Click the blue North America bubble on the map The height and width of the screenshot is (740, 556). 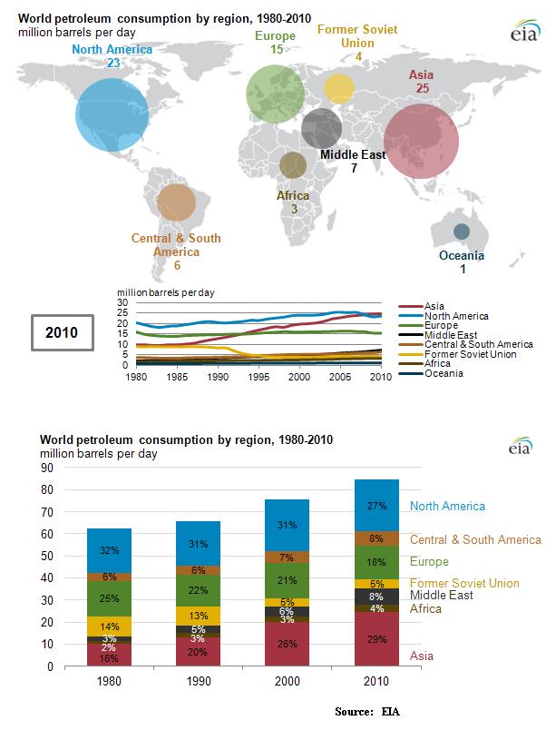point(109,114)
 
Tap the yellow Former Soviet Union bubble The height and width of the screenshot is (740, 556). point(338,89)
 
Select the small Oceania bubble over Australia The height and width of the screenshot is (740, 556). point(462,232)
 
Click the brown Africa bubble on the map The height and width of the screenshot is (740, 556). point(293,165)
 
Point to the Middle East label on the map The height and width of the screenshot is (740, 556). point(354,155)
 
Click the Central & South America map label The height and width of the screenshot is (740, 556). point(176,245)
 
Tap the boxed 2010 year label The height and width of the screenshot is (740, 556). point(63,333)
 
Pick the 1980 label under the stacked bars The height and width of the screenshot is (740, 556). point(110,680)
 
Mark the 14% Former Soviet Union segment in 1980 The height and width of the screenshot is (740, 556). point(110,627)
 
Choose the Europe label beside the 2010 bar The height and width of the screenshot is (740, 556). point(429,562)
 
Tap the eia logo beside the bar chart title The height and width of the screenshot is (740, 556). point(521,446)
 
